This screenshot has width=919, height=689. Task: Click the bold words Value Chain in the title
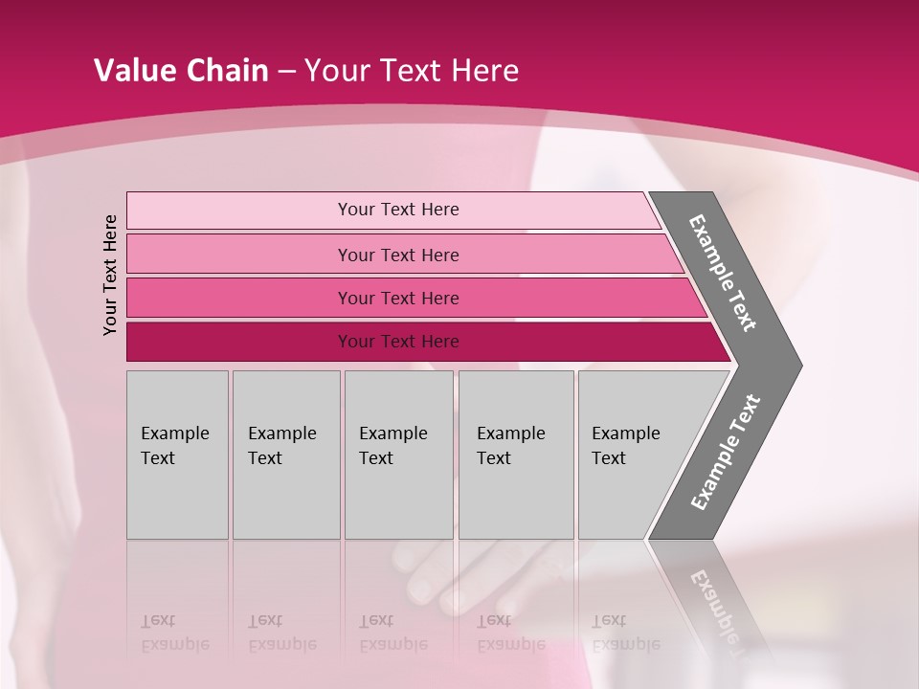[x=181, y=71]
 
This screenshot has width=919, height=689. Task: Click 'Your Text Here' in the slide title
[x=412, y=71]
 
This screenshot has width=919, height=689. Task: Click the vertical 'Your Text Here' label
[x=110, y=275]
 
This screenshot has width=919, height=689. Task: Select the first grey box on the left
[x=177, y=455]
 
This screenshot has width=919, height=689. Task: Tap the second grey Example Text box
[x=286, y=455]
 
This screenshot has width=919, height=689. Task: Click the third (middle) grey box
[x=398, y=455]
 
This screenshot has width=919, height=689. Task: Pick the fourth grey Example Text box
[x=516, y=455]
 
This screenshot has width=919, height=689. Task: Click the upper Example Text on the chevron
[x=723, y=273]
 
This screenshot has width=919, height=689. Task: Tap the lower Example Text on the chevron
[x=726, y=453]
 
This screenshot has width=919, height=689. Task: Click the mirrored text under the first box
[x=174, y=633]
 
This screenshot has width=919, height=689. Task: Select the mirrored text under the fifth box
[x=625, y=633]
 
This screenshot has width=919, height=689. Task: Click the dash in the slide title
[x=286, y=72]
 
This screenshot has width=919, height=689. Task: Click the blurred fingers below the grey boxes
[x=450, y=574]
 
